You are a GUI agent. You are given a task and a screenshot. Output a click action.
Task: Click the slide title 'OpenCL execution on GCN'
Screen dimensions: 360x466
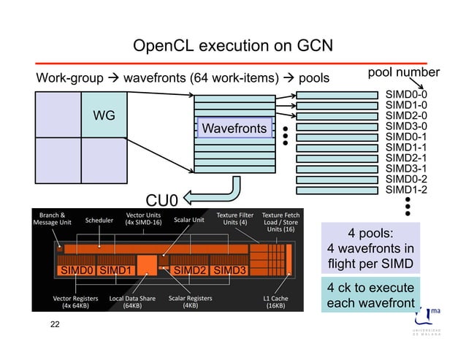coord(232,47)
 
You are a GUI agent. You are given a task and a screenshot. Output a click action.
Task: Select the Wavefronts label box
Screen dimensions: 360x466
coord(234,129)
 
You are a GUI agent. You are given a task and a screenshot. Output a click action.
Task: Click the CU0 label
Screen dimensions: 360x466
coord(163,199)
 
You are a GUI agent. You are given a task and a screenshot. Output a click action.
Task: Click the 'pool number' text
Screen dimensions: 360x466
coord(403,72)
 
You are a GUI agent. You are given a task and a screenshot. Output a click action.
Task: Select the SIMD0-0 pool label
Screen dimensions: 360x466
coord(406,94)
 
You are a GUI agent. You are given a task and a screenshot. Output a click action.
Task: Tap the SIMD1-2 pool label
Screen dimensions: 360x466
coord(406,190)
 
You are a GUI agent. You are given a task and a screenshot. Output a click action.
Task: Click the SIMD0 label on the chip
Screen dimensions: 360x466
coord(77,271)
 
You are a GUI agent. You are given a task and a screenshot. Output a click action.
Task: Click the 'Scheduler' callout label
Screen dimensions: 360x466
coord(99,219)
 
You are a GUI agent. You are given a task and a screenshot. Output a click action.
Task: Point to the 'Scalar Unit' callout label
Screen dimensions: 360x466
coord(188,219)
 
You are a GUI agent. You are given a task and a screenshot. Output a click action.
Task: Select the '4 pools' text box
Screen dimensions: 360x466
coord(372,248)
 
